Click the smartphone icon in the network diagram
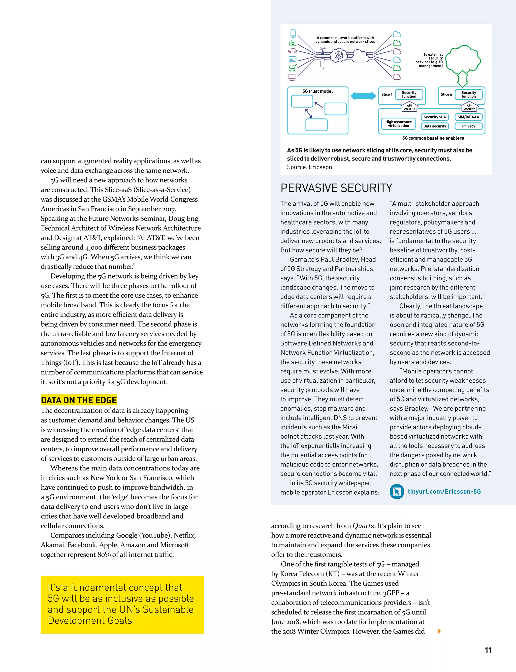[x=293, y=34]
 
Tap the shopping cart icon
[x=293, y=68]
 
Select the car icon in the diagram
[x=293, y=51]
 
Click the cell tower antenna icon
[x=322, y=51]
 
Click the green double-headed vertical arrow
[x=462, y=79]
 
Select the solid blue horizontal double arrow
[x=363, y=96]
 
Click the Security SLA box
[x=434, y=117]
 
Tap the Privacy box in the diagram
[x=468, y=126]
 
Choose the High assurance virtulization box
[x=398, y=124]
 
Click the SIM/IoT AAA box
[x=468, y=117]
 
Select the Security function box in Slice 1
[x=409, y=94]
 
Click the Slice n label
[x=446, y=94]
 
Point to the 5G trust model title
[x=317, y=91]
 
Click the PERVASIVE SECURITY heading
[x=336, y=188]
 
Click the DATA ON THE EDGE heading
[x=79, y=400]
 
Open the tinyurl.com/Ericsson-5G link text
[x=444, y=491]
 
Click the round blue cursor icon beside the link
[x=397, y=491]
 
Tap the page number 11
[x=488, y=650]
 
